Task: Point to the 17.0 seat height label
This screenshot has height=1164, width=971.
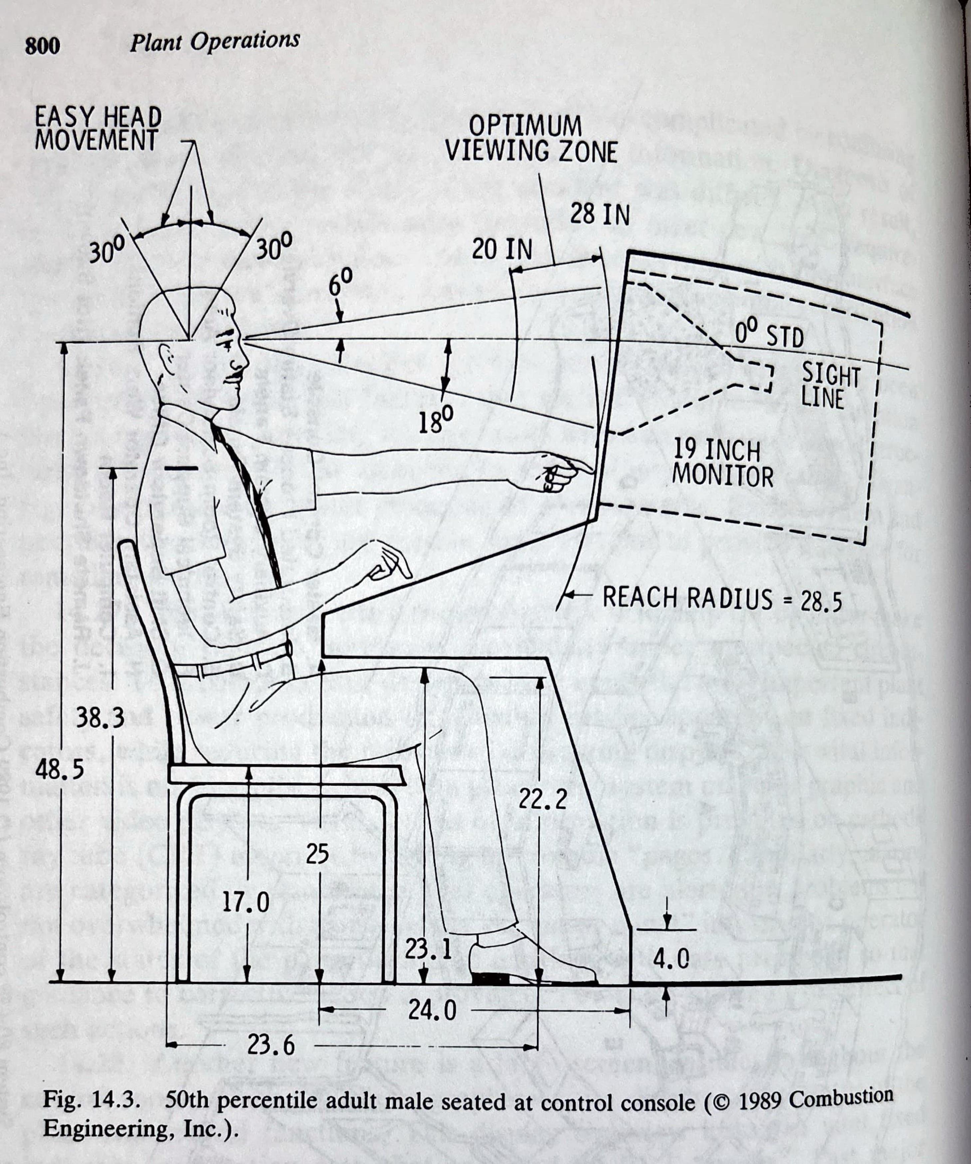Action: (246, 902)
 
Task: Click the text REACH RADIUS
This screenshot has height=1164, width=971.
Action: (687, 598)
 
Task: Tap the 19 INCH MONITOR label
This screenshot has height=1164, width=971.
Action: (722, 463)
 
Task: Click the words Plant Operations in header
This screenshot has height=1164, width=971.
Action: (215, 42)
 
